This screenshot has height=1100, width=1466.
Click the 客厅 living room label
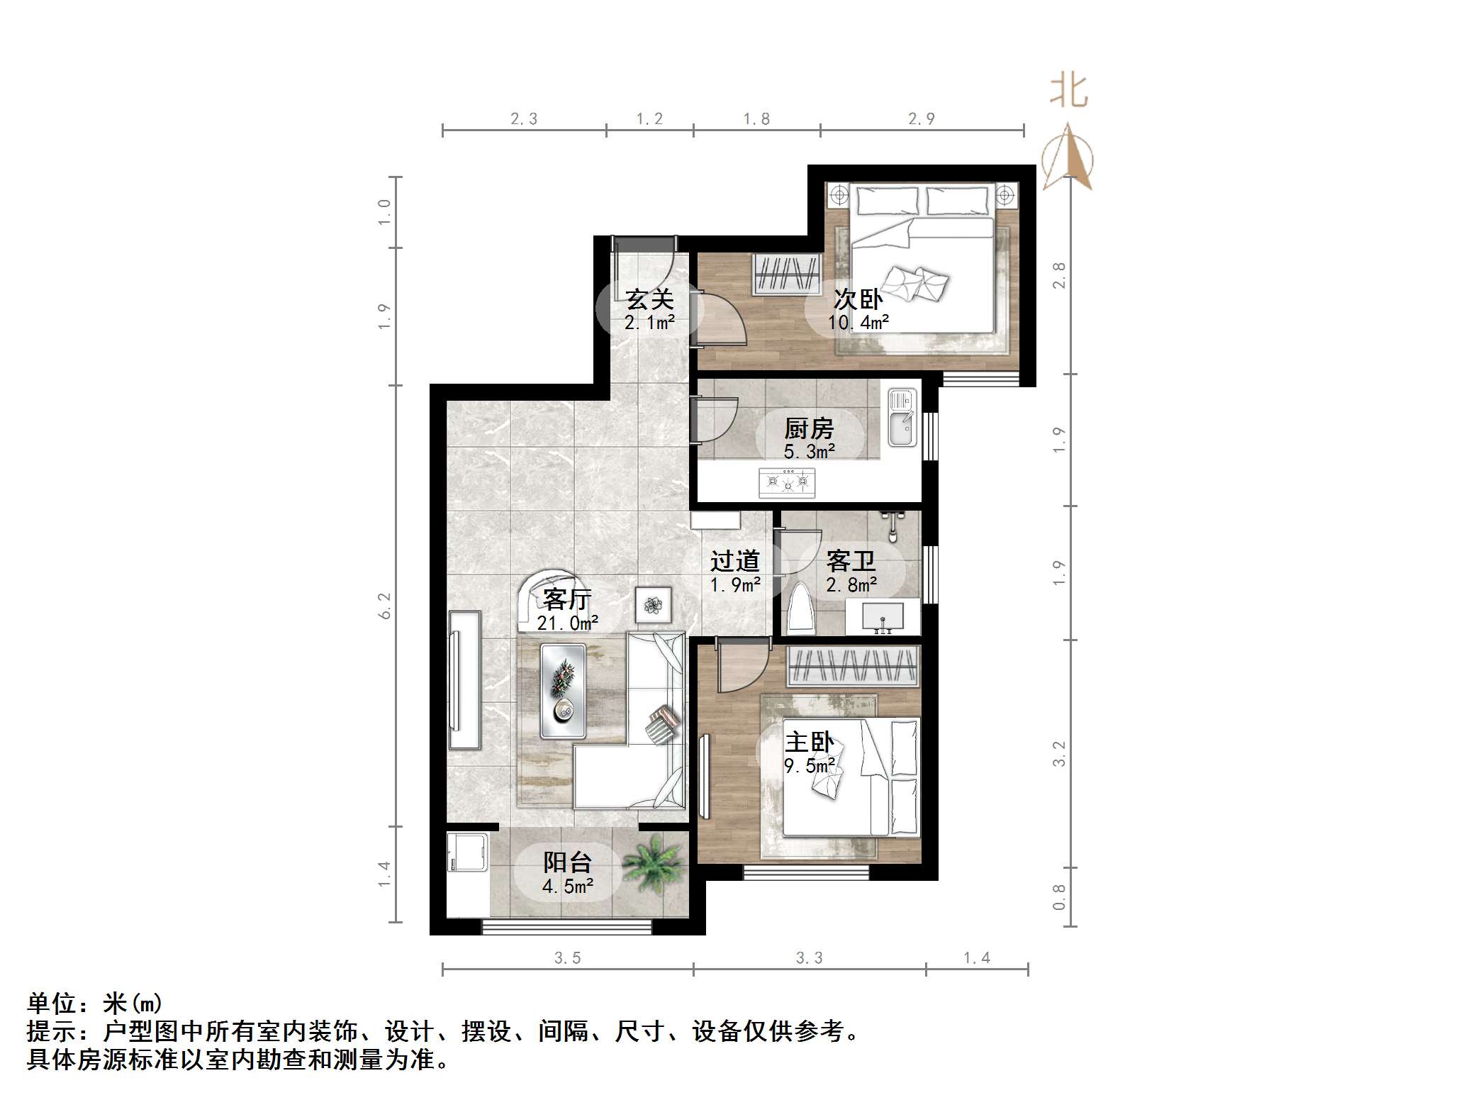click(567, 600)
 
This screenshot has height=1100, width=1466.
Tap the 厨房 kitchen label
click(809, 428)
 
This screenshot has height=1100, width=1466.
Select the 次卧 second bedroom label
click(858, 299)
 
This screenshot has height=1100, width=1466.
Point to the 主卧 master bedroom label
click(809, 742)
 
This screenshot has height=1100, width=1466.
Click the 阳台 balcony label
click(567, 862)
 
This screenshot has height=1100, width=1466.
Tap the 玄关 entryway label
click(649, 299)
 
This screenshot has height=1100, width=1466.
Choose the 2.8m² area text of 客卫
click(851, 585)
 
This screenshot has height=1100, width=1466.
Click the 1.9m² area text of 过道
click(735, 585)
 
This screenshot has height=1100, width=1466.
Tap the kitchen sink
click(902, 419)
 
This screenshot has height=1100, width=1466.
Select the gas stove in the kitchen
click(787, 483)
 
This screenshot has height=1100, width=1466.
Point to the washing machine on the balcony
click(467, 852)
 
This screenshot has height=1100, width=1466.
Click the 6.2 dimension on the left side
click(385, 606)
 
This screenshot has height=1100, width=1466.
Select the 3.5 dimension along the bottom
click(567, 958)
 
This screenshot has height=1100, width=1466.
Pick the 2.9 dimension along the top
click(921, 119)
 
